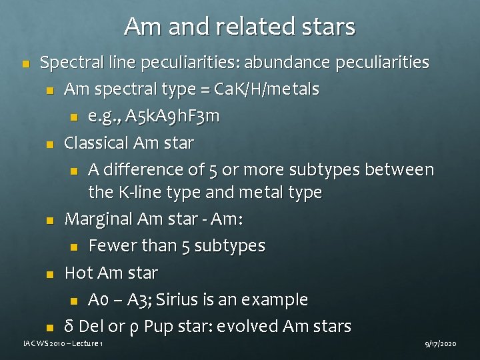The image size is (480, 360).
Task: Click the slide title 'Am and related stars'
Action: point(239,27)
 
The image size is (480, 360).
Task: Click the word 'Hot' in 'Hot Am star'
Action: point(77,273)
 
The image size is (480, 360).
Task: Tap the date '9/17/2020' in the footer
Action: point(441,343)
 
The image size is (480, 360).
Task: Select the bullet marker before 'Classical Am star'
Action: point(49,144)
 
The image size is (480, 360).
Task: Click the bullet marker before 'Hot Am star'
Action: point(49,274)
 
